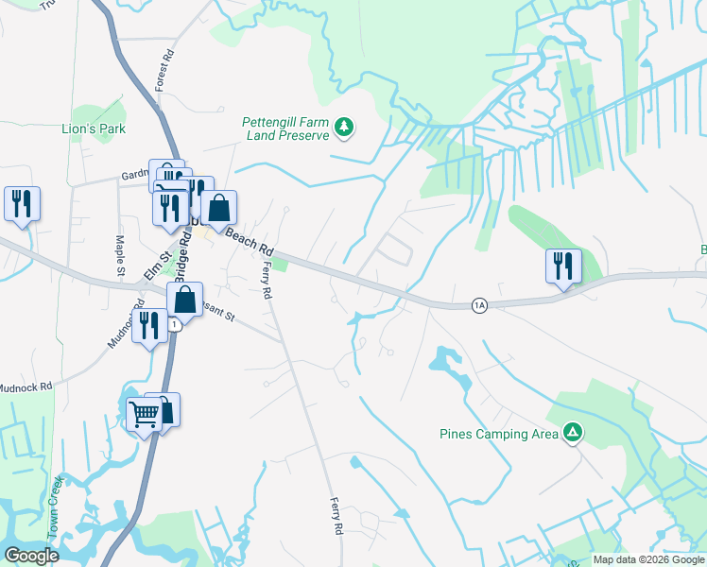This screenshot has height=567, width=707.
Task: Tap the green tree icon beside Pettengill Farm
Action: pos(346,128)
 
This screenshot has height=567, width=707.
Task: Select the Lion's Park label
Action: pos(94,129)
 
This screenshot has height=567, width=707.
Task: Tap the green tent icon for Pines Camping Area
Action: pos(571,434)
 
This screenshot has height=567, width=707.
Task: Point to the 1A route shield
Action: pos(480,305)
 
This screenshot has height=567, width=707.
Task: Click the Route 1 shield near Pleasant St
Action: pos(175,324)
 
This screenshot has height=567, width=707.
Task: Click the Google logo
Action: pos(31,555)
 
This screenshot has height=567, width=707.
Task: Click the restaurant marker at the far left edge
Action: pos(21,204)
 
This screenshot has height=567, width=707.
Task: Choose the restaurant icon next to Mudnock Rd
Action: pos(149,326)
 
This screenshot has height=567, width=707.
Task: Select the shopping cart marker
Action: pos(144,413)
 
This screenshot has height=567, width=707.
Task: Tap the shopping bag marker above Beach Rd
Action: pos(218,208)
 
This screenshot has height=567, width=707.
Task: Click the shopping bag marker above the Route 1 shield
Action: pos(185,300)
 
